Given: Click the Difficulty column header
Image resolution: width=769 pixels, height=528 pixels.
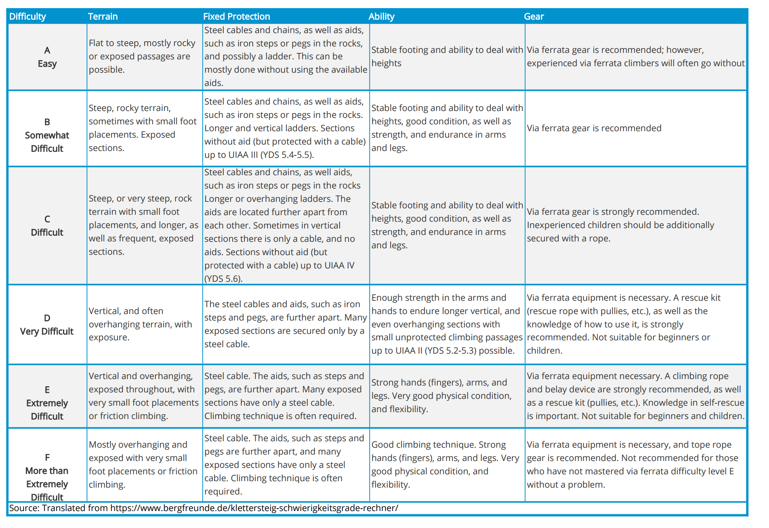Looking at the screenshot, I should click(x=27, y=17).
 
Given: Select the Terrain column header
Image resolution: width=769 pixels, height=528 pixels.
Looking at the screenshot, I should click(x=103, y=17).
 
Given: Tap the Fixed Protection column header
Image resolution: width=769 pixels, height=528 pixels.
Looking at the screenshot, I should click(x=236, y=17).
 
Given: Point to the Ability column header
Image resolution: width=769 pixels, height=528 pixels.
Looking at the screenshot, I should click(x=381, y=17).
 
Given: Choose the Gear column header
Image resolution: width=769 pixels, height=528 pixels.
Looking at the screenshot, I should click(x=534, y=17).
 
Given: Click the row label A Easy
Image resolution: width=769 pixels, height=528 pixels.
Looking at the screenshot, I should click(x=47, y=57).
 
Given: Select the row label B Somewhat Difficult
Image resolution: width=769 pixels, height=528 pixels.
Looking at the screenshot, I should click(x=47, y=135).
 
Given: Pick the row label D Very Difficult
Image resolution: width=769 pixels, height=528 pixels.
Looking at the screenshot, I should click(x=47, y=325).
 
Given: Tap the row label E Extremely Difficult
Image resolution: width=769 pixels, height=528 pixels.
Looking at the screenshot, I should click(x=47, y=403).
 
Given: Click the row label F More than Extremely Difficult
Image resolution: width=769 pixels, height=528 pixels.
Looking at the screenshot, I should click(x=47, y=477).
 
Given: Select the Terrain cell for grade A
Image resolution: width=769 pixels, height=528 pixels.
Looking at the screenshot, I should click(x=142, y=56).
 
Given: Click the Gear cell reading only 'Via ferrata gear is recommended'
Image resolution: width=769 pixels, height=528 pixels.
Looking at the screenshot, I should click(x=594, y=128).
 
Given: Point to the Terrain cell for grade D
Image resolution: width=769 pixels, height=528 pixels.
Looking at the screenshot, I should click(x=140, y=324).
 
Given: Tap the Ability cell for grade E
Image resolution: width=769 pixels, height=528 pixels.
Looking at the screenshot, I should click(x=441, y=396).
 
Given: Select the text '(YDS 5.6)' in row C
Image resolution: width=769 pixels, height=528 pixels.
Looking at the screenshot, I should click(x=223, y=279).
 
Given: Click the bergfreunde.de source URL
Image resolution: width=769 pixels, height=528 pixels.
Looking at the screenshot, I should click(x=254, y=508).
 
